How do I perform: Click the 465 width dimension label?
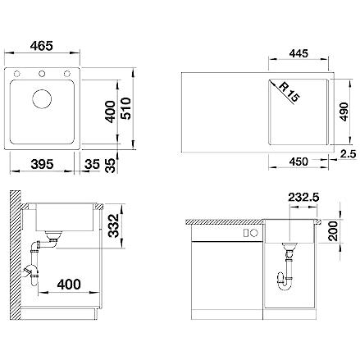(42, 46)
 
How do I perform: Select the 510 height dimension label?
(126, 108)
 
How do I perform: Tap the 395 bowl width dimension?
(42, 164)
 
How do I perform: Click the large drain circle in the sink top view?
(42, 98)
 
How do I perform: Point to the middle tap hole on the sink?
(42, 74)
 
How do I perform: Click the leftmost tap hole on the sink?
(17, 74)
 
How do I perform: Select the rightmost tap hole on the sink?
(66, 74)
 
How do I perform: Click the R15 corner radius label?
(289, 93)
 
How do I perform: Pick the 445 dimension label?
(298, 53)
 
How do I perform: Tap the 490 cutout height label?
(344, 112)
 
